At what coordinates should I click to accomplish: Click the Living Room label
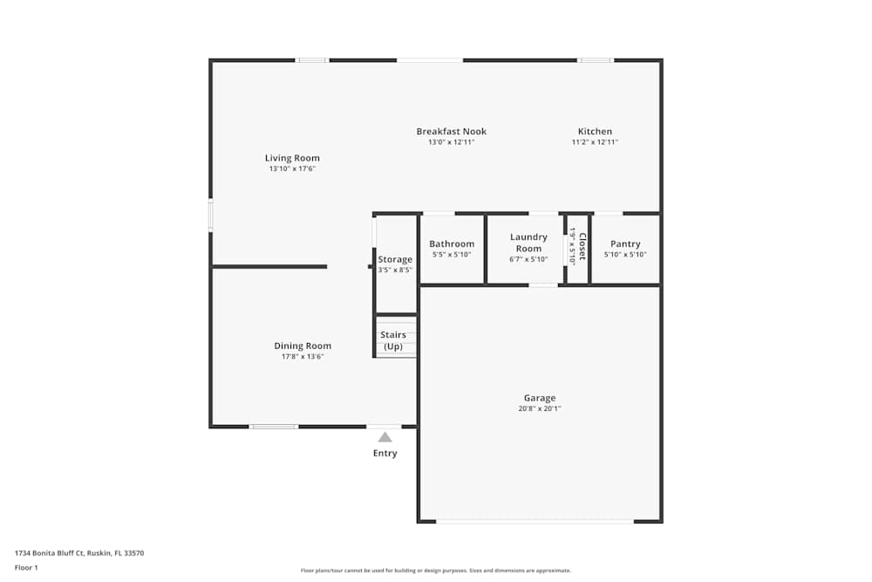pos(291,158)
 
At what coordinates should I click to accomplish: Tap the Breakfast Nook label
pos(451,132)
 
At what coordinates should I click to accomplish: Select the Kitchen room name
pos(595,132)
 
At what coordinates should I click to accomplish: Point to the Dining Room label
pos(303,346)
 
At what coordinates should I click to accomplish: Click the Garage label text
pos(540,398)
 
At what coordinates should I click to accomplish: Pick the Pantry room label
pos(625,244)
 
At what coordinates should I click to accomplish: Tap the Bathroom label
pos(452,244)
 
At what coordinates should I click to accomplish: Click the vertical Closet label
pos(582,246)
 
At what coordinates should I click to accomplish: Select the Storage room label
pos(395,259)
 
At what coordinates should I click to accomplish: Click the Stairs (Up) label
pos(393,340)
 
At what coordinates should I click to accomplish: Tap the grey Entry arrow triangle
pos(385,437)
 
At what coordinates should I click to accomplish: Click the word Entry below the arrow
pos(385,453)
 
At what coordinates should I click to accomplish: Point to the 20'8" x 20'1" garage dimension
pos(540,408)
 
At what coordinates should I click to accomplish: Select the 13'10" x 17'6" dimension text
pos(291,168)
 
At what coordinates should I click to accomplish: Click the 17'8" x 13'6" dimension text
pos(303,356)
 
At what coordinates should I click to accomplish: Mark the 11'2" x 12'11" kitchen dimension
pos(595,142)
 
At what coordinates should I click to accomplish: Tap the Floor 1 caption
pos(26,567)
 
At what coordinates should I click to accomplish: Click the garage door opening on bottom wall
pos(535,521)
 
